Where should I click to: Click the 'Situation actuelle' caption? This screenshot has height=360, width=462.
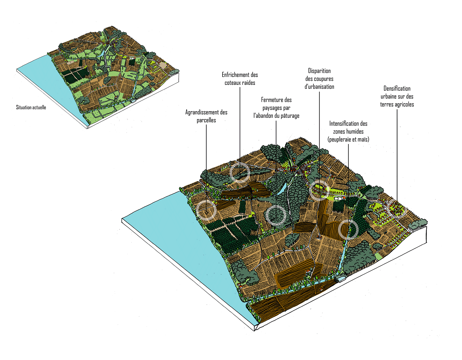tap(31, 107)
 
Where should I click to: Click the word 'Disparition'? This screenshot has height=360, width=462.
tap(319, 71)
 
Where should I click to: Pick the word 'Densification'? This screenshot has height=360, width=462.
tap(397, 88)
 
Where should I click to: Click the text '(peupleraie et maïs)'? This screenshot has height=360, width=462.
tap(348, 140)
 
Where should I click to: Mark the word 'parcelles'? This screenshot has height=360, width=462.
tap(206, 120)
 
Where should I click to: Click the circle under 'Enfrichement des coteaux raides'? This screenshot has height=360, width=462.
tap(240, 173)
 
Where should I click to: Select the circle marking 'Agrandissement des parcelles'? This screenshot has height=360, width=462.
tap(206, 210)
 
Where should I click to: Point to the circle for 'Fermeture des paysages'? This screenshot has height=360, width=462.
tap(276, 215)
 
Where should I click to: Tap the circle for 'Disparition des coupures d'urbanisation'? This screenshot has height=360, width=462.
tap(319, 190)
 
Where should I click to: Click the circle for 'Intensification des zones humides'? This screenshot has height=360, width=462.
tap(348, 229)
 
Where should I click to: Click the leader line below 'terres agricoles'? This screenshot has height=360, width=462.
tap(397, 152)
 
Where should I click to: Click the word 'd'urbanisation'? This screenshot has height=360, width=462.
tap(319, 87)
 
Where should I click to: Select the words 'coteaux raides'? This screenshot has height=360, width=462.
tap(240, 83)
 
